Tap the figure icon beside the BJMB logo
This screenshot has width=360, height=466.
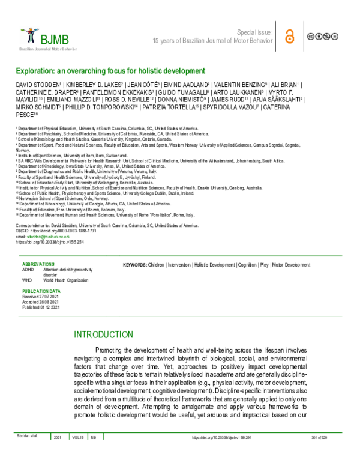[x=28, y=35]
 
